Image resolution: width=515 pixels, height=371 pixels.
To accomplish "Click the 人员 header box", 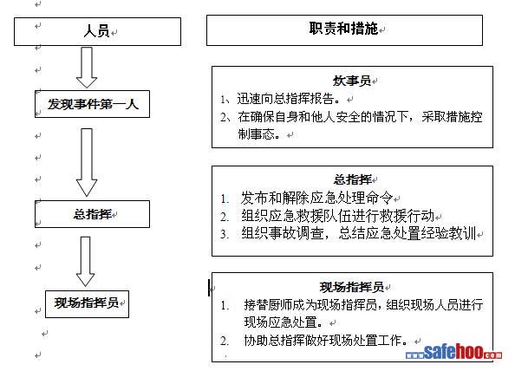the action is point(97,31).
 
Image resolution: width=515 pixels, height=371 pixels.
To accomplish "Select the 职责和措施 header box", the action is point(344,29).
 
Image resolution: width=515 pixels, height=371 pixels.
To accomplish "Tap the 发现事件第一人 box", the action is point(92,104).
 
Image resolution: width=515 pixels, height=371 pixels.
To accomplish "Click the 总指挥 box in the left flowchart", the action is point(92,214).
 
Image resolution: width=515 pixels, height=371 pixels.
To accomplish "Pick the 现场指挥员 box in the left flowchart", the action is point(87,304).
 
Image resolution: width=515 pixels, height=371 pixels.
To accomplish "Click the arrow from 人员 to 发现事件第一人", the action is point(87,68).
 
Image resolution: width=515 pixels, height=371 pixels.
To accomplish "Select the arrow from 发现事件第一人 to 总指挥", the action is point(87,162).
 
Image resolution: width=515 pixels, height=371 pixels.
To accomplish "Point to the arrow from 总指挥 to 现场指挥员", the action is point(85,261).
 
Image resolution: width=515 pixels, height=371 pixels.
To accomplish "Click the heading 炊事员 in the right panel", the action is point(352,81).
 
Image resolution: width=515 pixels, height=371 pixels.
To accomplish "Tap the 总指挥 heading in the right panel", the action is point(352,179).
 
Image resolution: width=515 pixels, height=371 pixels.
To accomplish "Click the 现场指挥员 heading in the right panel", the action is point(352,287).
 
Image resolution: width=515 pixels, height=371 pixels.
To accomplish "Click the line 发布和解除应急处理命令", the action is point(316,198).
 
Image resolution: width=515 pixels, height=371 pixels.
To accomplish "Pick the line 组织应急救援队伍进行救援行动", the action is point(337,216).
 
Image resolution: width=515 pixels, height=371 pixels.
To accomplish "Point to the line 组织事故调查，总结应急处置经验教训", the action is point(358,234).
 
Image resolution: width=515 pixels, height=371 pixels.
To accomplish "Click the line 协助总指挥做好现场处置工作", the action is point(326,340).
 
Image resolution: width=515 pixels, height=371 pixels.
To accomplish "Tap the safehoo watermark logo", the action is point(453,353).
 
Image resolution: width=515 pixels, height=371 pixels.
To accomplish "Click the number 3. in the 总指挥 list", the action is point(225,234).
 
